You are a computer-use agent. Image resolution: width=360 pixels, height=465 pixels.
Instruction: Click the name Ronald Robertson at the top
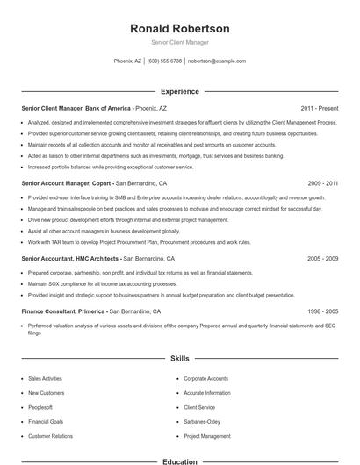click(x=179, y=28)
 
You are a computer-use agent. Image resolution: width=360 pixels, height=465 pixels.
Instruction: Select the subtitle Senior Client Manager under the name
click(x=179, y=42)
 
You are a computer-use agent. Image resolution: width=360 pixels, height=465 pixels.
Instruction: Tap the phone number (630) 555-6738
click(x=164, y=61)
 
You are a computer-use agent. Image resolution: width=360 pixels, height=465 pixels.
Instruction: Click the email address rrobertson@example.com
click(x=217, y=61)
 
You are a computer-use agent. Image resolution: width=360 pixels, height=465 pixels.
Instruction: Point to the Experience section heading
click(x=179, y=91)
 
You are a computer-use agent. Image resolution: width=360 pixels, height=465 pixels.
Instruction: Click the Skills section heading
click(x=179, y=359)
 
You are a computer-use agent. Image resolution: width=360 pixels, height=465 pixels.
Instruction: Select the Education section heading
click(x=179, y=461)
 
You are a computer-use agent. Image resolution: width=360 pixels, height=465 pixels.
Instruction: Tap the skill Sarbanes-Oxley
click(x=202, y=421)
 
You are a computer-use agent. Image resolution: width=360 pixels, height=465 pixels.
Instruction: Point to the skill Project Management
click(x=206, y=435)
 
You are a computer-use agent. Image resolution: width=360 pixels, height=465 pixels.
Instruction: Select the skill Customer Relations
click(x=51, y=435)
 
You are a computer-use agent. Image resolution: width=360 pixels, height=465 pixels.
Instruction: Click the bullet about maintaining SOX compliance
click(x=98, y=285)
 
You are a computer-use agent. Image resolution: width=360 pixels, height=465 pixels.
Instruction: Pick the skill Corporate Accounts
click(x=205, y=378)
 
